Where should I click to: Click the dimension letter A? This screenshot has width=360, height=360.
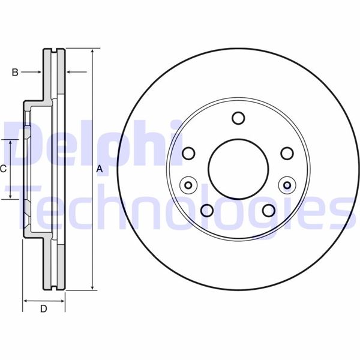100,170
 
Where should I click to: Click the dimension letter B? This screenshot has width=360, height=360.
15,73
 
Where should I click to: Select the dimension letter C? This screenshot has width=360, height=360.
4,169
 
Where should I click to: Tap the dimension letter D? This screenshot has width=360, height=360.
43,310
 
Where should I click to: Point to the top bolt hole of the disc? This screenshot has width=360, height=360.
238,118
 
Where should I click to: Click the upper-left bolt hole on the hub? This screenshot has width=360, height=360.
188,154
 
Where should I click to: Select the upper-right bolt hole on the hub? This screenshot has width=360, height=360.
287,154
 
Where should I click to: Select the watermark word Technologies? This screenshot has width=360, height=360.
186,207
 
